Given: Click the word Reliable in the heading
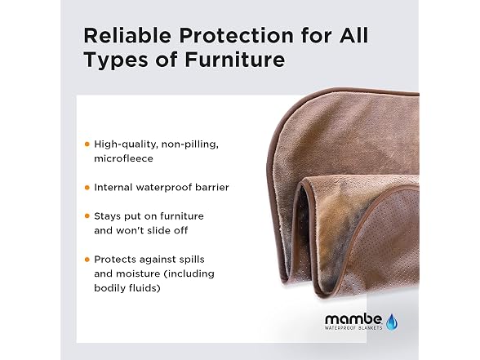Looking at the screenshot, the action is [127, 36].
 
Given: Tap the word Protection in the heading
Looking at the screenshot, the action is [237, 36].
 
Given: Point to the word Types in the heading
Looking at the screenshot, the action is [116, 61].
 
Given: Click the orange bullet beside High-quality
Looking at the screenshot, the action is [87, 144].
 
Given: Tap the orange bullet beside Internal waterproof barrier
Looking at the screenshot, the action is [87, 188].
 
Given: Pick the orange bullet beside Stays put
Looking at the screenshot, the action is [87, 216].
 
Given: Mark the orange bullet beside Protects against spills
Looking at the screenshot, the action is [87, 260].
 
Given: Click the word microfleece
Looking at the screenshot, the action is [123, 158].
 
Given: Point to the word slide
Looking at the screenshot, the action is [160, 230].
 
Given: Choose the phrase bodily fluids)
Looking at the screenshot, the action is [127, 288].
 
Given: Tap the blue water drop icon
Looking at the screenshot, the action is [392, 322].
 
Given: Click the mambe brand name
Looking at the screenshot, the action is [353, 320].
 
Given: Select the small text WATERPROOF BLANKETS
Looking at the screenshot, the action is [353, 328].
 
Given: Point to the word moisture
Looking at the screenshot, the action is [140, 274].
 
